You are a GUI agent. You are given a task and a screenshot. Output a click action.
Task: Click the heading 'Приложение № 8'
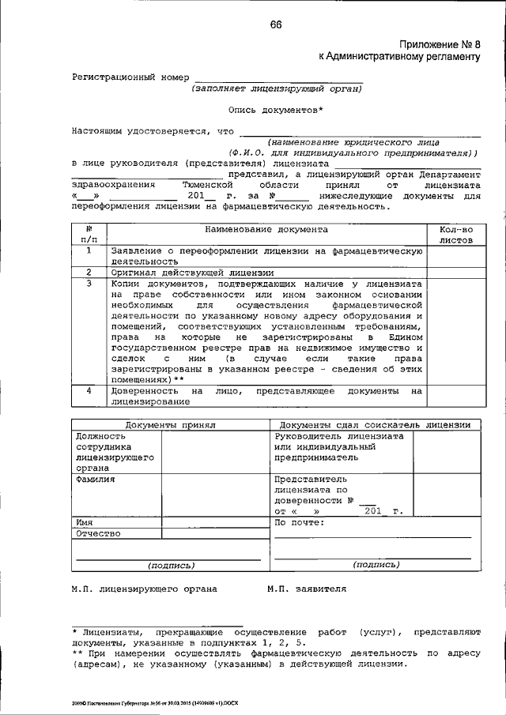click(x=440, y=44)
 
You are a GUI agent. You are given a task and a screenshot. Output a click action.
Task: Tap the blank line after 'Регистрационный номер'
click(x=278, y=78)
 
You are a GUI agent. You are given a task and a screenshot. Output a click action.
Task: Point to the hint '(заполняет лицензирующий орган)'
click(x=277, y=88)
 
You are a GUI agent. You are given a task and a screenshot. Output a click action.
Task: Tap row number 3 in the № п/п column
click(x=89, y=282)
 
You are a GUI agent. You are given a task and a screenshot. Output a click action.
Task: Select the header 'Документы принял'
click(x=170, y=425)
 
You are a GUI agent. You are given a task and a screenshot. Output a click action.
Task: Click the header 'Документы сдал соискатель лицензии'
click(x=375, y=425)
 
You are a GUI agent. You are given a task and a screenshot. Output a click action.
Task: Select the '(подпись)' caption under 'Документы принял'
click(x=170, y=566)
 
